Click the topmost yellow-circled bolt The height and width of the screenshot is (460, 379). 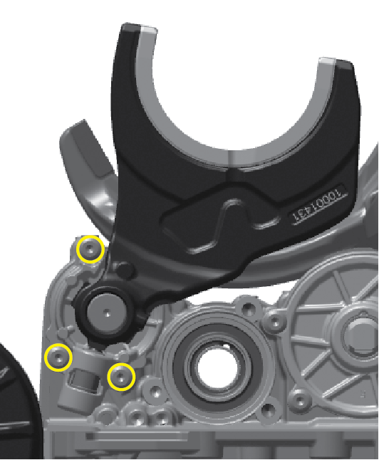coord(90,250)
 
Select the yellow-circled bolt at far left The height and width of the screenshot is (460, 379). coord(58,357)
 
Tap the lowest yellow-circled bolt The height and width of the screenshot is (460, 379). coord(121,376)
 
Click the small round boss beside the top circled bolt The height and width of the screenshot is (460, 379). coord(125,271)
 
